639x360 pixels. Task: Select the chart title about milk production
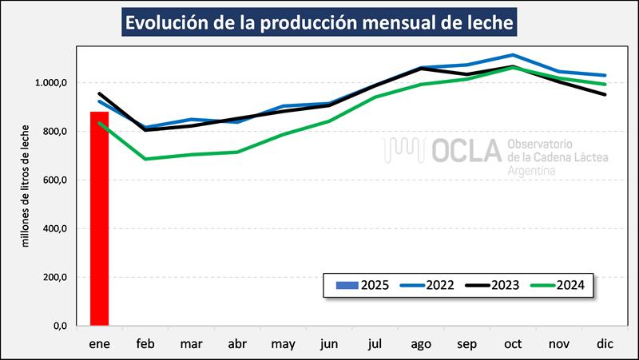coord(319,22)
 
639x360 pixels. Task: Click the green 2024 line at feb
coord(145,159)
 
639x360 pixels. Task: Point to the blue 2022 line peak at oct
coord(514,55)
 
